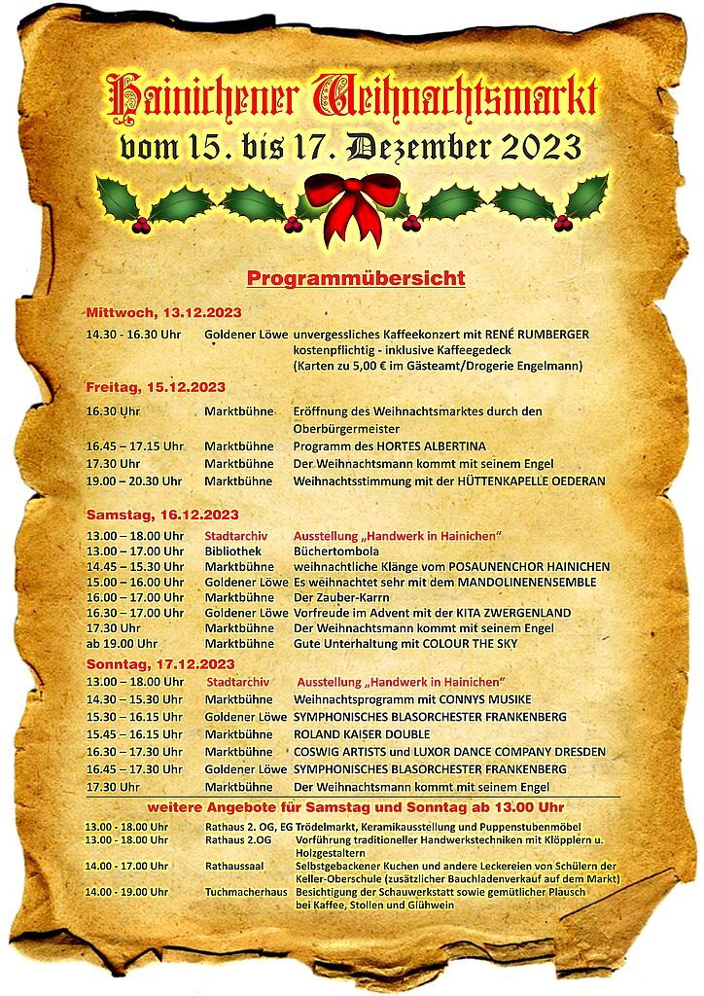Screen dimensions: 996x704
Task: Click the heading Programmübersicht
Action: tap(356, 279)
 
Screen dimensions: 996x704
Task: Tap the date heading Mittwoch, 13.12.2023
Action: tap(163, 312)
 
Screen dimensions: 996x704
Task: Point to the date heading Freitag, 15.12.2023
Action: tap(156, 387)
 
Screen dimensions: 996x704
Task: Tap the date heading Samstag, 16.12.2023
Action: tap(162, 514)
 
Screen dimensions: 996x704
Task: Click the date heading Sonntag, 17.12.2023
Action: tap(160, 663)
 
